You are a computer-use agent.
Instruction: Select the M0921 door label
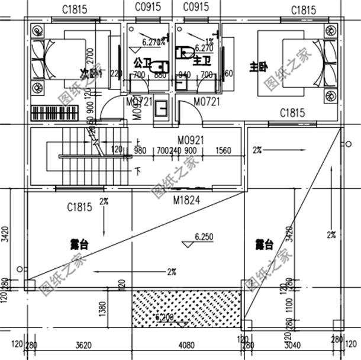(190, 140)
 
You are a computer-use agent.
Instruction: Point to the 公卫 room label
(142, 62)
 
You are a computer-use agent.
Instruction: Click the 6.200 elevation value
(165, 318)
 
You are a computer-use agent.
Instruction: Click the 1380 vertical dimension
(102, 308)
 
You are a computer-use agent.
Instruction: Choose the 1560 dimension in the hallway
(224, 150)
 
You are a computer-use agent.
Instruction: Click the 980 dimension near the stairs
(140, 150)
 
